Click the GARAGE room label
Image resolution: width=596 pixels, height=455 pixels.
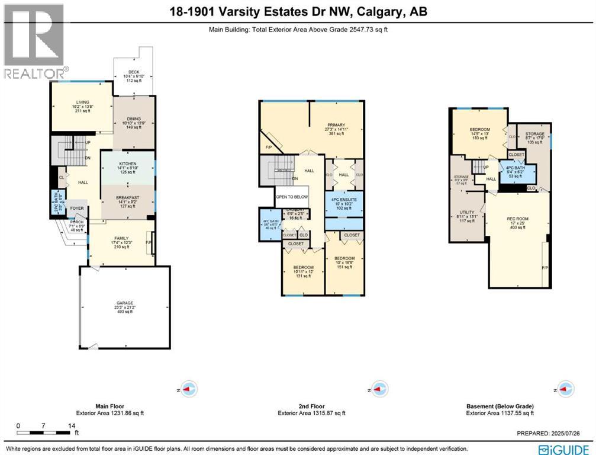(x=124, y=303)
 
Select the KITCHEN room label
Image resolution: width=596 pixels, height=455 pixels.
(x=128, y=163)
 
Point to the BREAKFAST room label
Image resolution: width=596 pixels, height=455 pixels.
(x=128, y=198)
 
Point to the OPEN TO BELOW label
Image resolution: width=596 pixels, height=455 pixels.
(x=292, y=197)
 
